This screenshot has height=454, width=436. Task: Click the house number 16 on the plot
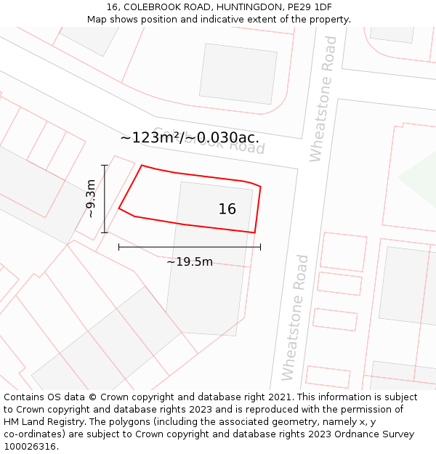[227, 209]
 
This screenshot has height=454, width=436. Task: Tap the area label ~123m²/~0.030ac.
[190, 137]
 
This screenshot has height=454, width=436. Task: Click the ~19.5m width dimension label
[190, 262]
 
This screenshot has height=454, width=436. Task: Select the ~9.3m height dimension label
[90, 199]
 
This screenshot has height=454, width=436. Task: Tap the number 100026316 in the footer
[30, 447]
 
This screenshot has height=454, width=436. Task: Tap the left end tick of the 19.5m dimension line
[118, 247]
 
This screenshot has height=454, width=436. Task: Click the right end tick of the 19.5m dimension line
[260, 247]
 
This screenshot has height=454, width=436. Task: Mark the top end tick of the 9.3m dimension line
[105, 166]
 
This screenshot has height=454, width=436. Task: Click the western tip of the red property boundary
[119, 208]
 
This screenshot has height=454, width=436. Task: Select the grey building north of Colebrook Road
[238, 74]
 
